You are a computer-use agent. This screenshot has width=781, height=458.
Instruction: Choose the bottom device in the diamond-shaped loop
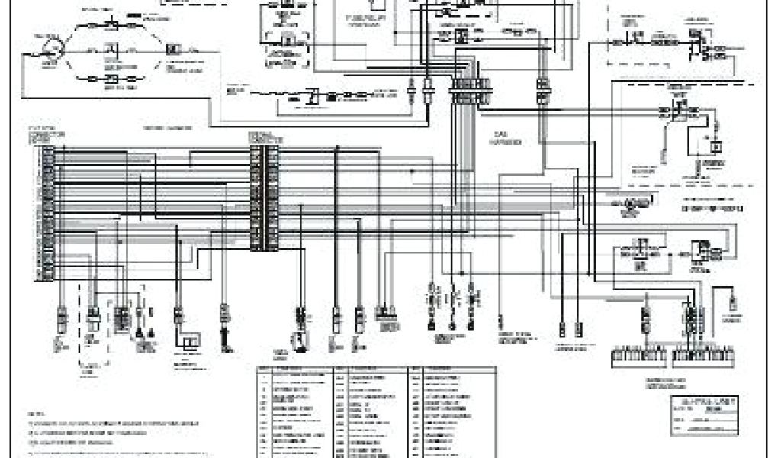[x=111, y=79]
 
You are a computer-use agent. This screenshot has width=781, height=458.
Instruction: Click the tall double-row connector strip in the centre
[x=264, y=195]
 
